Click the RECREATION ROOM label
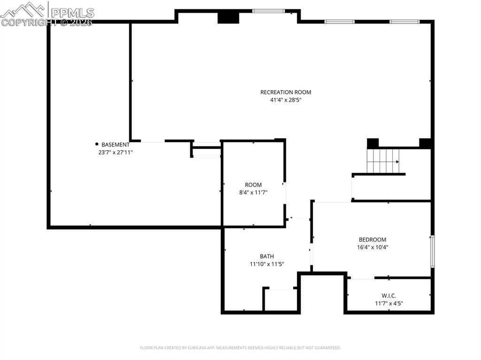pyautogui.click(x=286, y=92)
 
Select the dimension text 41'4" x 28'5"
pyautogui.click(x=286, y=100)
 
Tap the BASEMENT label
pyautogui.click(x=116, y=145)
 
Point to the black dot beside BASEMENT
pyautogui.click(x=97, y=144)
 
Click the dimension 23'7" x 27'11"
pyautogui.click(x=113, y=152)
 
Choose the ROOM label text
pyautogui.click(x=253, y=184)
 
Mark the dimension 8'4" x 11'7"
pyautogui.click(x=253, y=192)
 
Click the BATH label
pyautogui.click(x=267, y=256)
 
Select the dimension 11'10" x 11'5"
pyautogui.click(x=267, y=264)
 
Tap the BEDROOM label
pyautogui.click(x=372, y=239)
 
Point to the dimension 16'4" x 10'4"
pyautogui.click(x=372, y=247)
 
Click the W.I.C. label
pyautogui.click(x=388, y=295)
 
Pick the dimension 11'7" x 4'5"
pyautogui.click(x=388, y=303)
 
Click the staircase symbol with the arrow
pyautogui.click(x=383, y=161)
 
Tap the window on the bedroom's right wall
pyautogui.click(x=432, y=252)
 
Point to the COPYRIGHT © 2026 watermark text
pyautogui.click(x=47, y=22)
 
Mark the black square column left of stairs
pyautogui.click(x=372, y=143)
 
